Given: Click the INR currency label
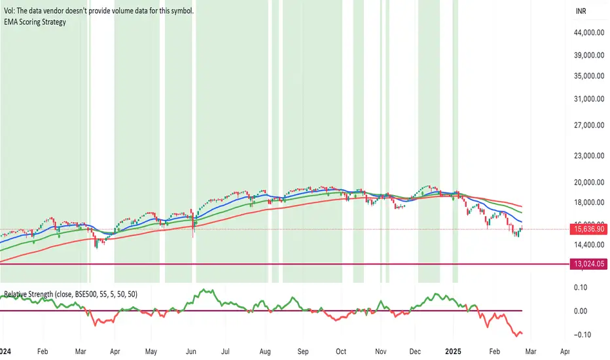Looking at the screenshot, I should pos(580,11).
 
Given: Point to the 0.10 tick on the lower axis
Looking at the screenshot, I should pos(581,287).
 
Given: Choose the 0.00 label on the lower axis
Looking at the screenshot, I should pos(581,310).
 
